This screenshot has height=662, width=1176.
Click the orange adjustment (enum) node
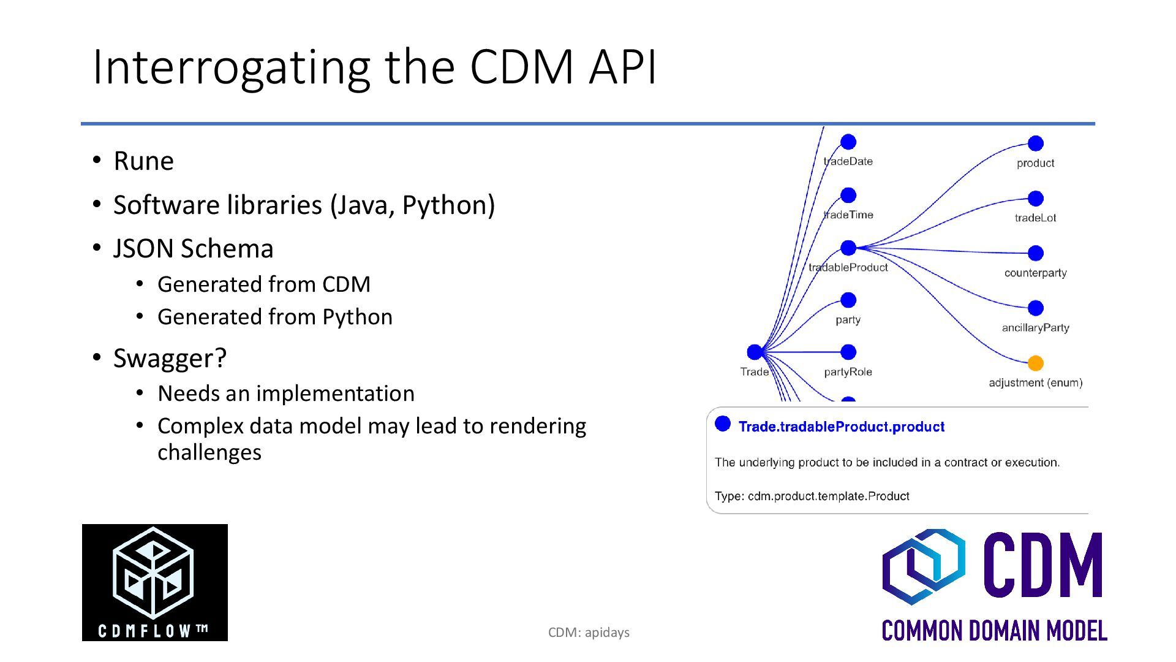coord(1035,363)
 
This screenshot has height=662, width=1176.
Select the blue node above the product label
coord(1035,143)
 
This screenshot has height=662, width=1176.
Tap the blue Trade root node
coord(755,352)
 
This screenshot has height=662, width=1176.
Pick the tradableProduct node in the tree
coord(848,248)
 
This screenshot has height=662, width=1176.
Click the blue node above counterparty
coord(1035,253)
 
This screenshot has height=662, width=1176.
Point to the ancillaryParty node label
coord(1035,327)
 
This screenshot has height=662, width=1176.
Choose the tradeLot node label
coord(1035,218)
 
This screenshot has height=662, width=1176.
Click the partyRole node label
coord(848,371)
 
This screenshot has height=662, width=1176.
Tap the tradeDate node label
coord(848,161)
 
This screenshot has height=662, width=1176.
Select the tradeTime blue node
coord(848,195)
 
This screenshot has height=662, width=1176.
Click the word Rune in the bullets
coord(143,161)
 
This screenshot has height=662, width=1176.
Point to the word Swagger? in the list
coord(170,358)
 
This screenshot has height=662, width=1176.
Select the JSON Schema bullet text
coord(193,249)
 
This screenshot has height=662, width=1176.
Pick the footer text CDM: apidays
coord(589,633)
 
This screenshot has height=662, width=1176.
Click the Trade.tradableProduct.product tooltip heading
coord(841,427)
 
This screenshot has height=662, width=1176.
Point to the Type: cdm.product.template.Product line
coord(812,496)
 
